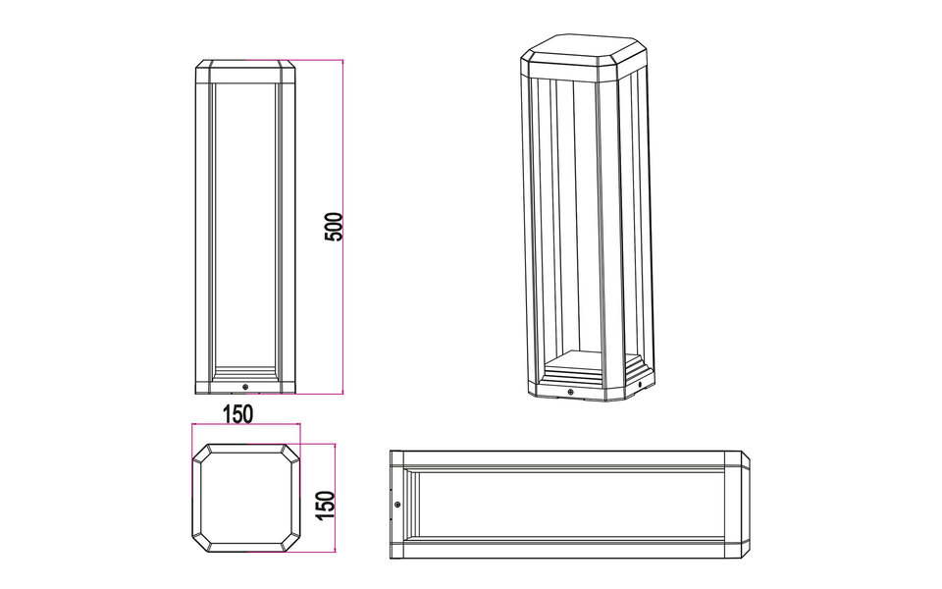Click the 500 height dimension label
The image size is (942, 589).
pyautogui.click(x=334, y=227)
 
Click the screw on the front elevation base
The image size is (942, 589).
pyautogui.click(x=245, y=387)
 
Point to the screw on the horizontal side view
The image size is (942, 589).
pyautogui.click(x=397, y=504)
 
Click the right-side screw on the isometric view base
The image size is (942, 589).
pyautogui.click(x=642, y=386)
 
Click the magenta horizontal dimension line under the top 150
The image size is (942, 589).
pyautogui.click(x=245, y=426)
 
